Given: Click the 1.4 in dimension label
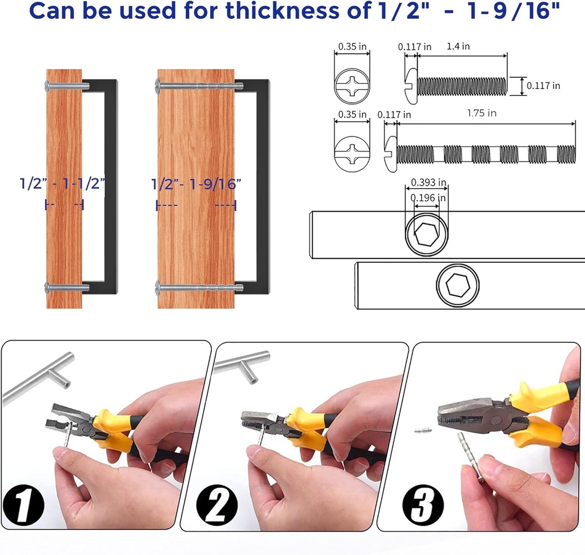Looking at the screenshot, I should pos(458,47).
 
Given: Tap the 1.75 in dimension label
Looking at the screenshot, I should pos(481,113).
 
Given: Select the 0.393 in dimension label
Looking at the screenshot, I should pos(426,183).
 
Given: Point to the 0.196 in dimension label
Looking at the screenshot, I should pos(426,198).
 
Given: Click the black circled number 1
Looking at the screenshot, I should pos(23,503).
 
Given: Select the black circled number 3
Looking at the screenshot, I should pos(423,503).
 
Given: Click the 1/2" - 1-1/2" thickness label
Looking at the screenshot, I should pos(63,184).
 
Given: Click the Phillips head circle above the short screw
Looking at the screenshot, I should pos(352,87).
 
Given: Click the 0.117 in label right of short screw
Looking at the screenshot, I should pos(543,86).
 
